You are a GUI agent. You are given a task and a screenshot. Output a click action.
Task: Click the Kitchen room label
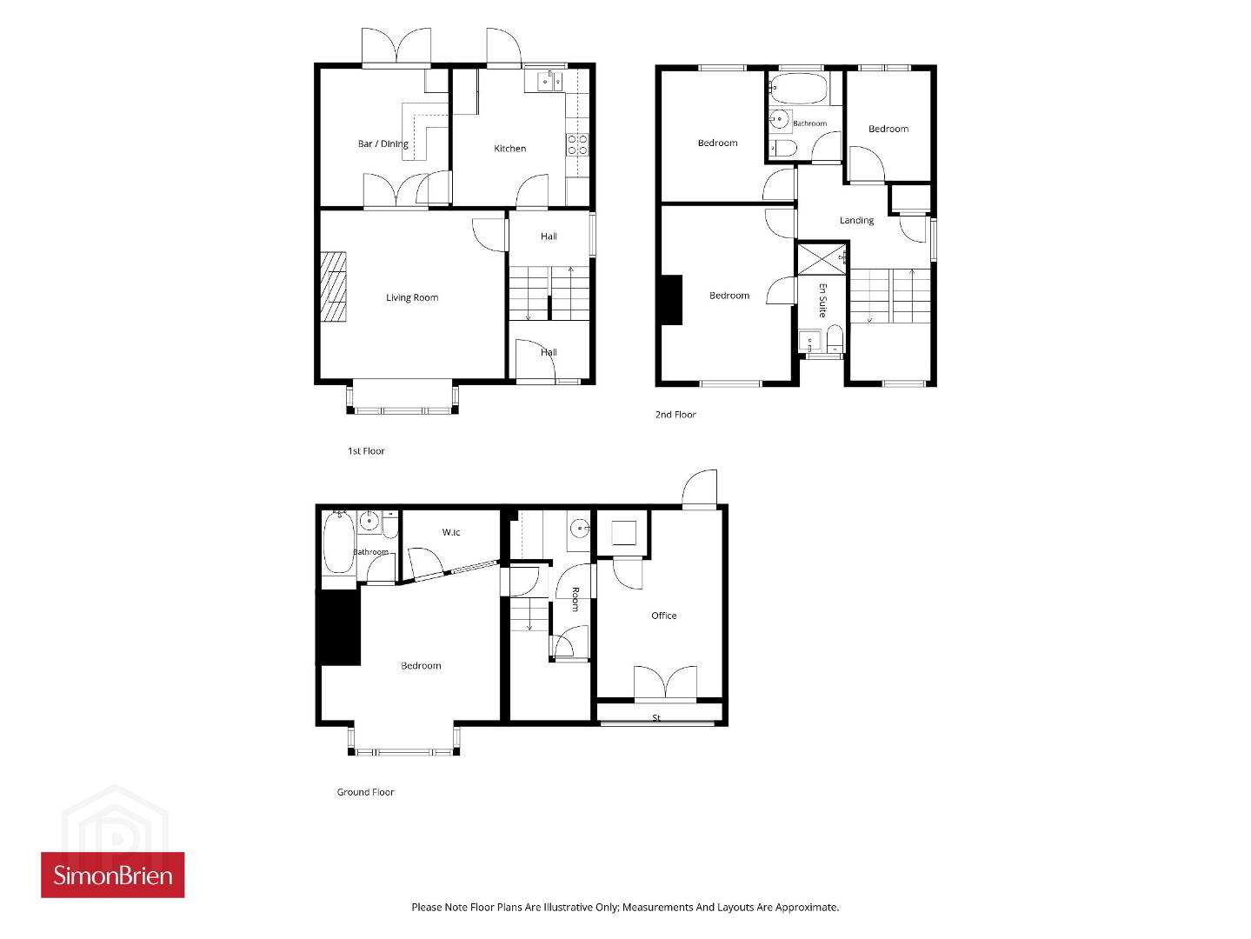(x=509, y=148)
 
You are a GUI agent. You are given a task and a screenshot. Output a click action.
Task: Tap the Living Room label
(x=412, y=297)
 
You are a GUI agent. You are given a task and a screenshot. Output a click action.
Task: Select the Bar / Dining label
(x=383, y=143)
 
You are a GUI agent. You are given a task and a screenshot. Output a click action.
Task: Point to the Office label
(x=664, y=616)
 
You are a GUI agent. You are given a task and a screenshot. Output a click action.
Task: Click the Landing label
(x=856, y=221)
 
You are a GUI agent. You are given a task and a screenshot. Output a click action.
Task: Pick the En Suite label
(x=822, y=300)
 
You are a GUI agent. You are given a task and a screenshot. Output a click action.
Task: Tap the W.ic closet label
(x=451, y=532)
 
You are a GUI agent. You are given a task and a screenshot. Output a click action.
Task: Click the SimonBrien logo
(x=113, y=875)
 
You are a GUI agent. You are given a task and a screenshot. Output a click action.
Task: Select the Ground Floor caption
(x=365, y=792)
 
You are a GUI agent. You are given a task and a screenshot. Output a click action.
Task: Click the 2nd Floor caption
(x=675, y=415)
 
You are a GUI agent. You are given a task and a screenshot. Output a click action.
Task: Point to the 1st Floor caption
(x=366, y=450)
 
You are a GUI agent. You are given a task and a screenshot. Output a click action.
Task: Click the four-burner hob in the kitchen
(x=577, y=144)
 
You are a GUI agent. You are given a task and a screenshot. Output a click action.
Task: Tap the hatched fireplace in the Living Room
(x=334, y=287)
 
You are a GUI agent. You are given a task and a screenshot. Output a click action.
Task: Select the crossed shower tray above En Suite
(x=822, y=259)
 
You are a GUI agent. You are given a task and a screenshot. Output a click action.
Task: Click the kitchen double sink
(x=544, y=82)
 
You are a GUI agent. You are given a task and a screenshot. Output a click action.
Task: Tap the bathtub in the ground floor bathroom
(x=338, y=543)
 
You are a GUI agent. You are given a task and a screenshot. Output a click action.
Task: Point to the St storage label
(x=656, y=718)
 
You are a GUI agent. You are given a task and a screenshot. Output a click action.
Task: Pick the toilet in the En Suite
(x=835, y=338)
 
